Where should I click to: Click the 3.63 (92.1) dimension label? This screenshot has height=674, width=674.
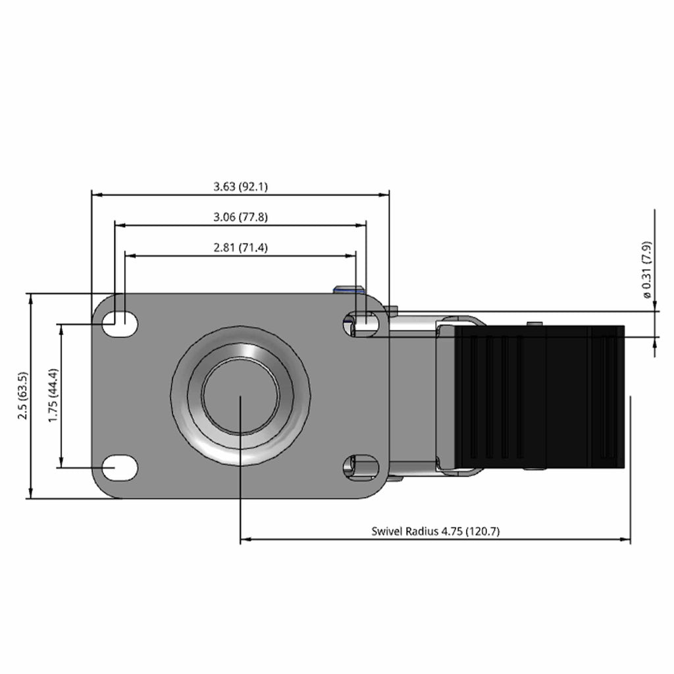240,186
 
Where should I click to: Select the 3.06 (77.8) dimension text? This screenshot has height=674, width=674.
240,217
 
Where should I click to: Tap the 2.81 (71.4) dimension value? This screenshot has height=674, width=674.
240,248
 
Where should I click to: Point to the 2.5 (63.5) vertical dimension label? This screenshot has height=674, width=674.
23,396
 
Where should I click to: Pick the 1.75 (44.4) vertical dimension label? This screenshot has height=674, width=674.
53,395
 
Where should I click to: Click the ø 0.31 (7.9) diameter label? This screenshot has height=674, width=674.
647,269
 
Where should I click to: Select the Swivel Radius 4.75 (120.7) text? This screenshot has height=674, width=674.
436,531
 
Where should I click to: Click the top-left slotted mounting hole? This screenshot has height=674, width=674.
120,324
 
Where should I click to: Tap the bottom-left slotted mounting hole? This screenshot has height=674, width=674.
120,468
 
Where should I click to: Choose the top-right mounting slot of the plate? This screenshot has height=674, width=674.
361,324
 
